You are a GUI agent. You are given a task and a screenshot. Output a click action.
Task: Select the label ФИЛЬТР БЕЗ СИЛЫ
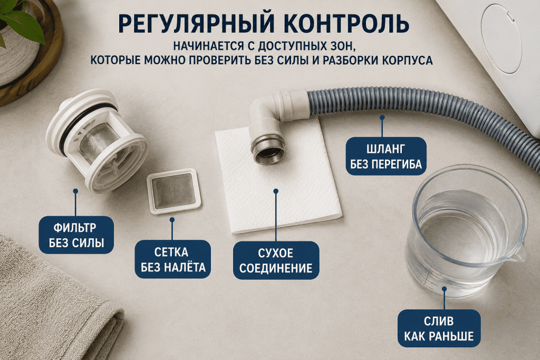(76, 235)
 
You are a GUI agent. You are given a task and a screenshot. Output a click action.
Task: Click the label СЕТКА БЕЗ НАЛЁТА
(172, 259)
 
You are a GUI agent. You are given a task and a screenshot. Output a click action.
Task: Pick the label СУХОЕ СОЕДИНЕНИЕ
(276, 260)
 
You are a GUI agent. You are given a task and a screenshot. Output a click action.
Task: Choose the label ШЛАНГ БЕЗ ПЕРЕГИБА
(386, 156)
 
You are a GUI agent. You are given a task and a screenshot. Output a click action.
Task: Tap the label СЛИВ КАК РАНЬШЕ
(439, 328)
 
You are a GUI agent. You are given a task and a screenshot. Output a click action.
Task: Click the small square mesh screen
(173, 191)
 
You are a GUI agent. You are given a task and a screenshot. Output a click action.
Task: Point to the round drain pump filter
(97, 140)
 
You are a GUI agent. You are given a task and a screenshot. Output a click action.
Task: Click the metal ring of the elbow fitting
(268, 151)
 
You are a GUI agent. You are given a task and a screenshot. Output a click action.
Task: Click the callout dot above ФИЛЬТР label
(75, 191)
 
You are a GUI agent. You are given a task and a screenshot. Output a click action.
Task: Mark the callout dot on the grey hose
(382, 118)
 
